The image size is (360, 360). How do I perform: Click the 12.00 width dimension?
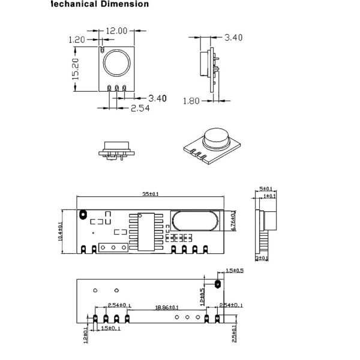tap(117, 31)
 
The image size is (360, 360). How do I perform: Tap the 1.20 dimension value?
tap(77, 40)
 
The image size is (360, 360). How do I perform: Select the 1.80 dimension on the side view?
tap(191, 101)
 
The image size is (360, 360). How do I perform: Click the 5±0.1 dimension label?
tap(265, 188)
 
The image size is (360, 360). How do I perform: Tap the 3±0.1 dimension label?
tap(262, 258)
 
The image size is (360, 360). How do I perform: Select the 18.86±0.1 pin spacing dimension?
tap(166, 307)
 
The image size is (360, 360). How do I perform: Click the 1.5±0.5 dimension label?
tap(234, 271)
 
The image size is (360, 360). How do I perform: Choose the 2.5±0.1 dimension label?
tap(233, 329)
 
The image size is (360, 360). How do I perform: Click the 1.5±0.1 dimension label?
tap(111, 328)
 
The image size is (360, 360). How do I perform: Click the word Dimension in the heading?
tap(121, 4)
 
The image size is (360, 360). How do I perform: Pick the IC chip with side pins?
tap(147, 231)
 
